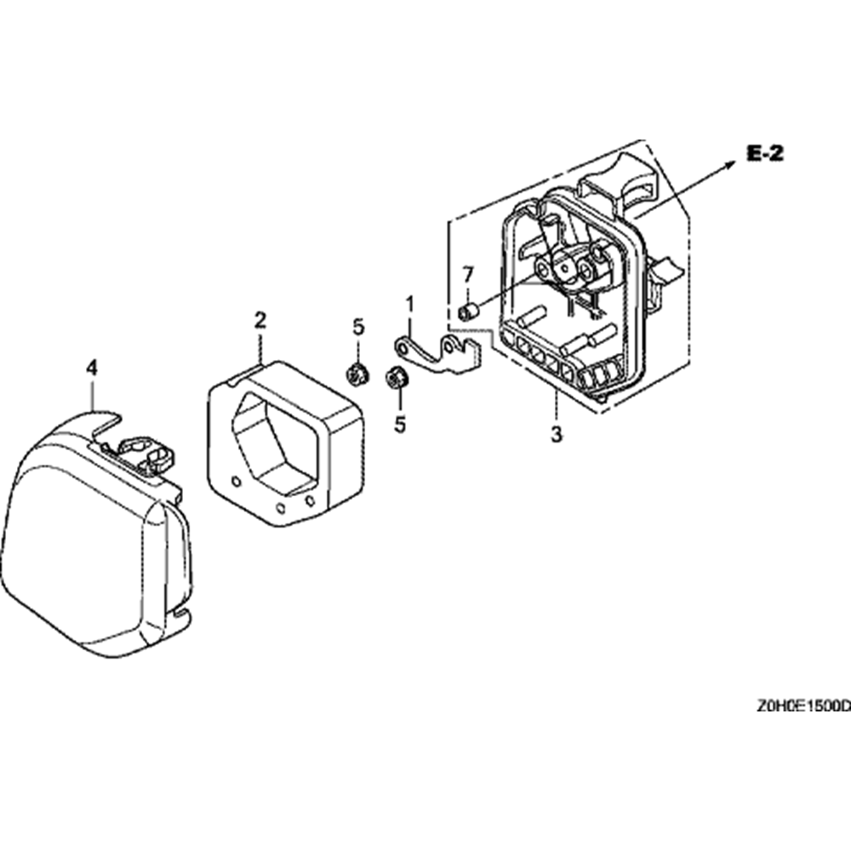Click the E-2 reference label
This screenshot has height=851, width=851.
765,153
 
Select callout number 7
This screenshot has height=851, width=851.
467,275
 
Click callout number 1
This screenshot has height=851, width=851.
410,305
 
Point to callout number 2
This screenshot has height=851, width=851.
260,320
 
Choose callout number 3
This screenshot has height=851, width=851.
557,435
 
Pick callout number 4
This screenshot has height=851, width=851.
92,368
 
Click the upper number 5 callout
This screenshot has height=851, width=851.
358,328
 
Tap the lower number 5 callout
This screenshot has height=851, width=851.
400,425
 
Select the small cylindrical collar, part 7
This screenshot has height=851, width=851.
467,312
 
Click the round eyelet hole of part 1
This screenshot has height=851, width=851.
403,346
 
